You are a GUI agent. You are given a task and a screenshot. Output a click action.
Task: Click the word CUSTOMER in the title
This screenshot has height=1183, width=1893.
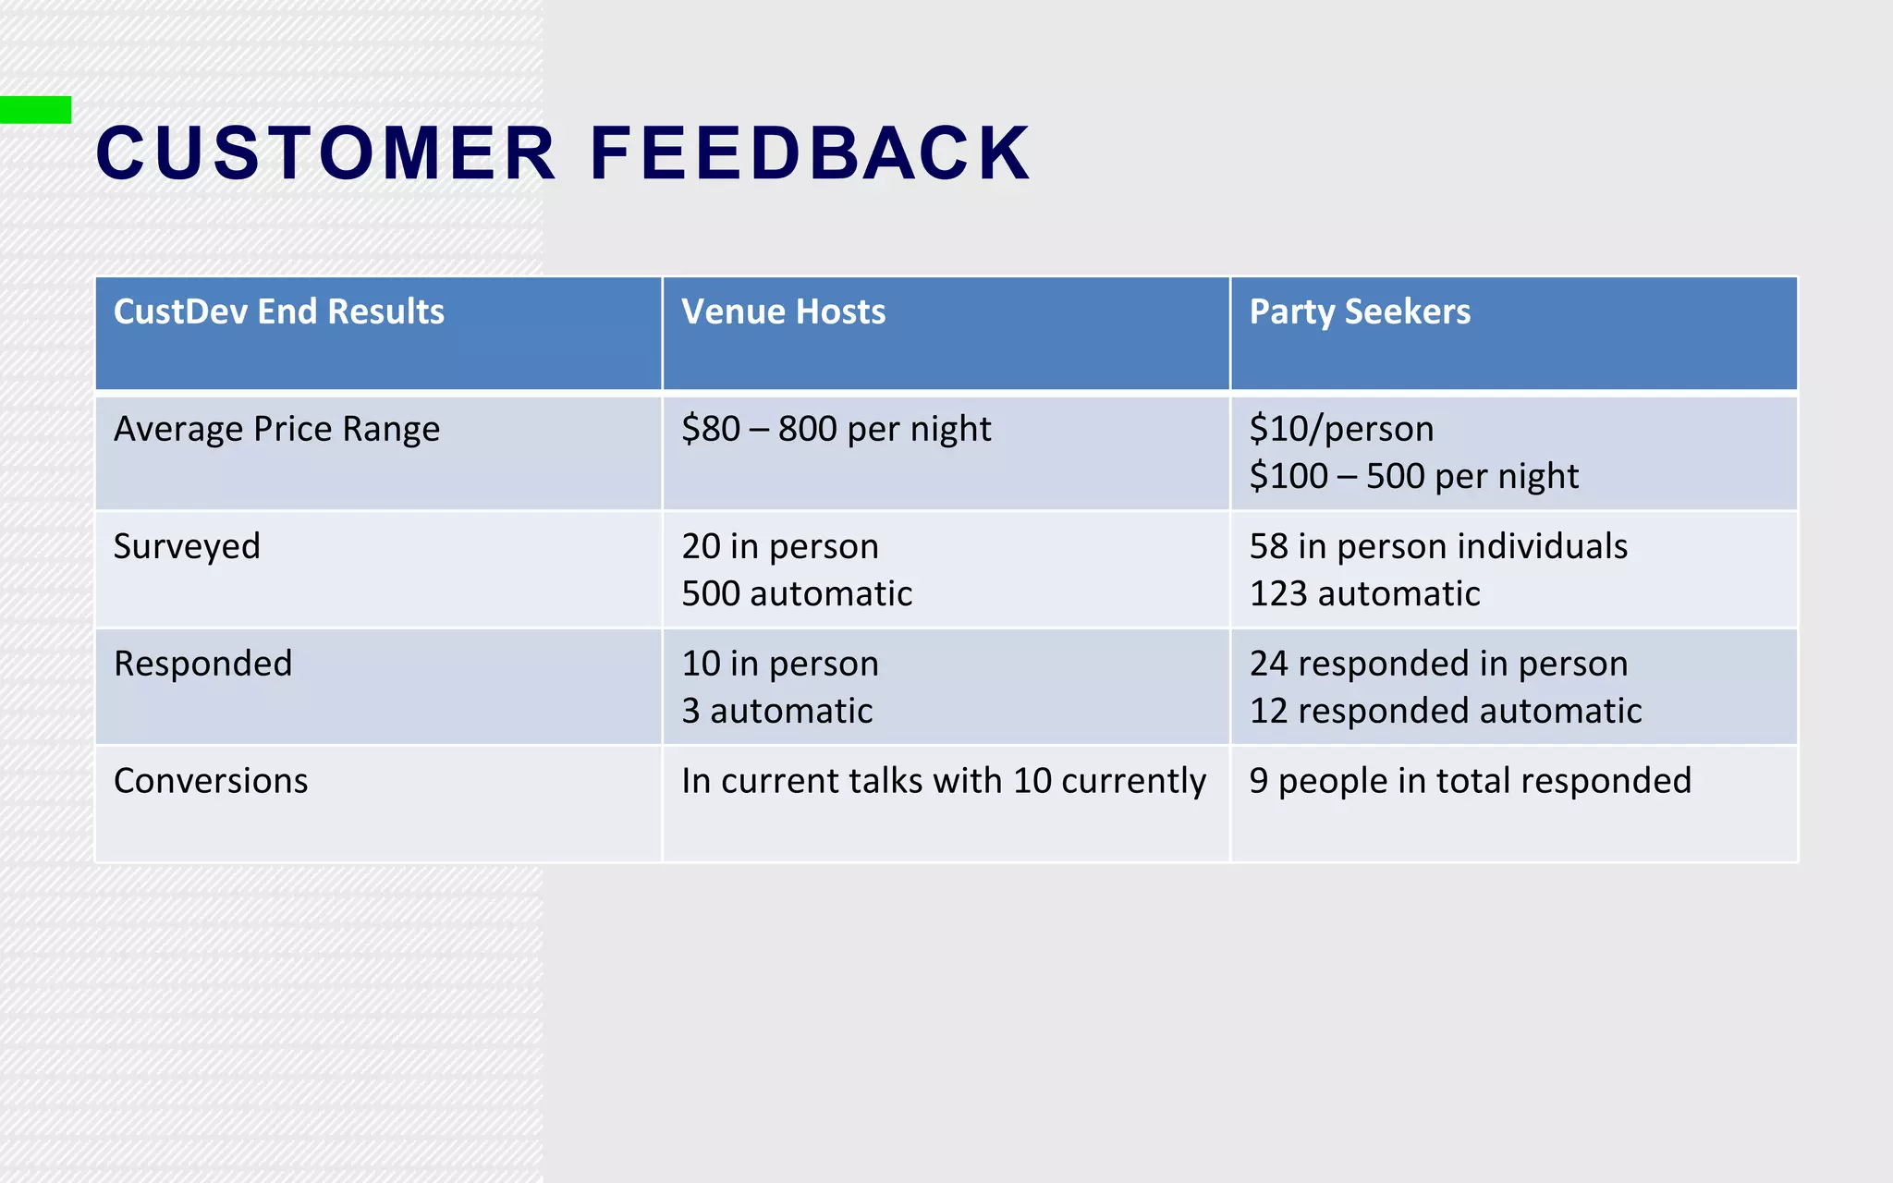pos(325,153)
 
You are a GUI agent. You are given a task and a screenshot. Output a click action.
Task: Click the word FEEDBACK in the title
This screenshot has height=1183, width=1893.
pos(810,153)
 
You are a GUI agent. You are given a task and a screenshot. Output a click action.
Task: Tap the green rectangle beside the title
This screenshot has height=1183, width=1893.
pos(35,110)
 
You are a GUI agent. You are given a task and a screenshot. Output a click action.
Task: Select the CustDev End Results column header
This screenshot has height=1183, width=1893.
pos(278,312)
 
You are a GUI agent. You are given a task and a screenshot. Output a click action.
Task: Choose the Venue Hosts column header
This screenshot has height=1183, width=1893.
pos(783,312)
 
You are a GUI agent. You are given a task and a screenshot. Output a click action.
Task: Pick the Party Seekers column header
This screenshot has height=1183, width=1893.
pos(1359,312)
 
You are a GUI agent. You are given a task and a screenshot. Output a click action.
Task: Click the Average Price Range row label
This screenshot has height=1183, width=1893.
pos(276,430)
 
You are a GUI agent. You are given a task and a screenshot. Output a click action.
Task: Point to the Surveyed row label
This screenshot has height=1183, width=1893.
pos(187,547)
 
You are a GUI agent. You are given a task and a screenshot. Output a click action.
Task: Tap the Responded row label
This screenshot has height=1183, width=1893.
pos(202,664)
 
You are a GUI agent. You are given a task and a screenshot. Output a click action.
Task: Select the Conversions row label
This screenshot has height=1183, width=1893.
pos(211,781)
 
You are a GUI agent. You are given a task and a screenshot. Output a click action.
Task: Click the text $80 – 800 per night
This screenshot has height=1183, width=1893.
pos(836,430)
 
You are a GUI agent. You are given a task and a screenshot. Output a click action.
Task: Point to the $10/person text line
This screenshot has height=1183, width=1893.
pos(1341,430)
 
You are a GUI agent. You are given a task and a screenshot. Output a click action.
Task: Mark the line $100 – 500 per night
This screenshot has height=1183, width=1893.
pos(1413,477)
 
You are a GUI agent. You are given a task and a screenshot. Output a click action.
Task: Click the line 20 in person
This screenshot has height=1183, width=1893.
pos(779,547)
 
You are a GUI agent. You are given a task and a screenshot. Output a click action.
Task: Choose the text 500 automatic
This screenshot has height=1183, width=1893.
pos(797,594)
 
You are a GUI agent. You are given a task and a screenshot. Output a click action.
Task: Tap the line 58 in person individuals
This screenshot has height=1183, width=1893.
pos(1437,547)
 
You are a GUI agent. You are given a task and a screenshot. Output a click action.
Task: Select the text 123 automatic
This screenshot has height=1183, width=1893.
pos(1364,594)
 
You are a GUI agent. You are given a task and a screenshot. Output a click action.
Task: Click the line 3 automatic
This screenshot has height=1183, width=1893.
pos(776,712)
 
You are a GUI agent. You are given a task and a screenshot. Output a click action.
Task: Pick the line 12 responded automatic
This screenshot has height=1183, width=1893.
pos(1445,712)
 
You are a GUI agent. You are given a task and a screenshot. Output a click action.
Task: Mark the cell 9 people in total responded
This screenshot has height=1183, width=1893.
pos(1470,781)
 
